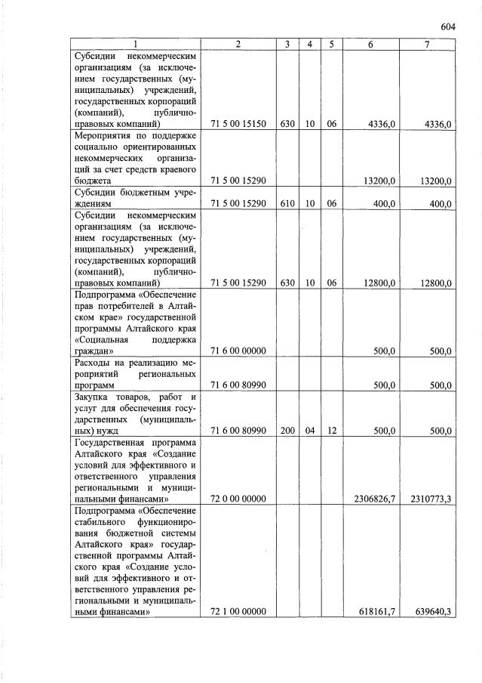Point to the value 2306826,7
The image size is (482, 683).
click(x=375, y=499)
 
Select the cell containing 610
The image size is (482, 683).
click(x=287, y=204)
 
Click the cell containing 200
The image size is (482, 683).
click(x=287, y=431)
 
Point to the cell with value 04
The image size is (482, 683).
click(x=309, y=431)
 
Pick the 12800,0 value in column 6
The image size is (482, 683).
click(x=379, y=283)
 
